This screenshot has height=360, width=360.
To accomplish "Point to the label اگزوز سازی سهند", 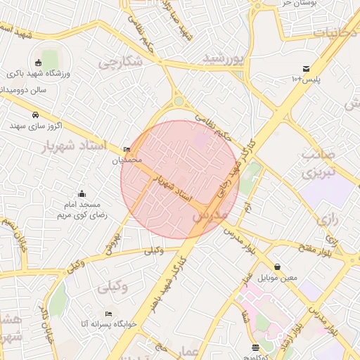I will tap(36, 126).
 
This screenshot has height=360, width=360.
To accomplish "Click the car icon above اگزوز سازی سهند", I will tap(34, 115).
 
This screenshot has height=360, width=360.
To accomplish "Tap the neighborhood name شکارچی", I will tap(120, 63).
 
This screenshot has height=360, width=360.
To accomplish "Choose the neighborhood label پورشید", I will tap(224, 59).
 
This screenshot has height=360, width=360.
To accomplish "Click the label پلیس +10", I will tap(306, 79).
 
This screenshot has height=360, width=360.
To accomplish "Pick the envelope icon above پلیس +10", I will tap(306, 68).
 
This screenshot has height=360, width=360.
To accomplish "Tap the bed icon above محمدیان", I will tap(127, 149).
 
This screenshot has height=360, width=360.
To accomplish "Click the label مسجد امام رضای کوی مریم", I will tap(82, 210).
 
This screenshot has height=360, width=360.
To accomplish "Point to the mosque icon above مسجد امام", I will tap(82, 193).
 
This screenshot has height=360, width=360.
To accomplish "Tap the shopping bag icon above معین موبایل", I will tap(278, 266).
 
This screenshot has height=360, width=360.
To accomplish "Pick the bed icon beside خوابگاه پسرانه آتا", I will tap(108, 314).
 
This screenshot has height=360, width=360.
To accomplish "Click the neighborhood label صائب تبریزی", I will tap(318, 162).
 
